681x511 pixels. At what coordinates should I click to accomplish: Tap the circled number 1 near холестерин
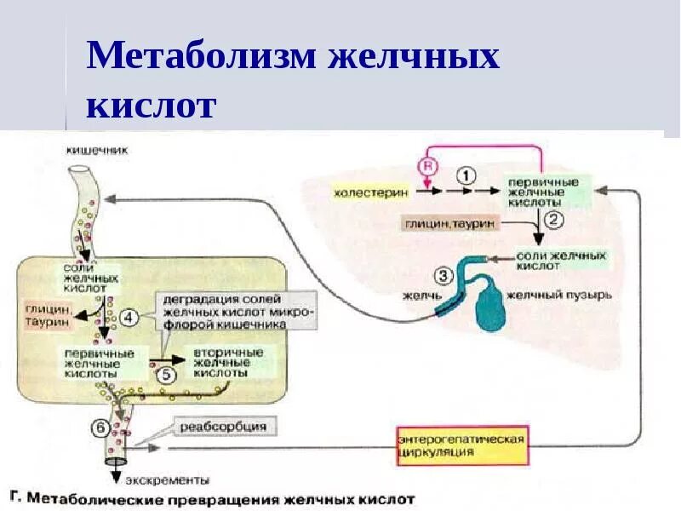466,175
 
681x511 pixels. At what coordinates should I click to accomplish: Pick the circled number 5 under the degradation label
166,372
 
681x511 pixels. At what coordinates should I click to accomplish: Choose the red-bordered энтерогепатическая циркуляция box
461,445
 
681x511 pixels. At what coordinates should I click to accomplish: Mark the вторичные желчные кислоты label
226,362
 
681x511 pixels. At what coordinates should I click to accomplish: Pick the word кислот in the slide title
152,106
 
